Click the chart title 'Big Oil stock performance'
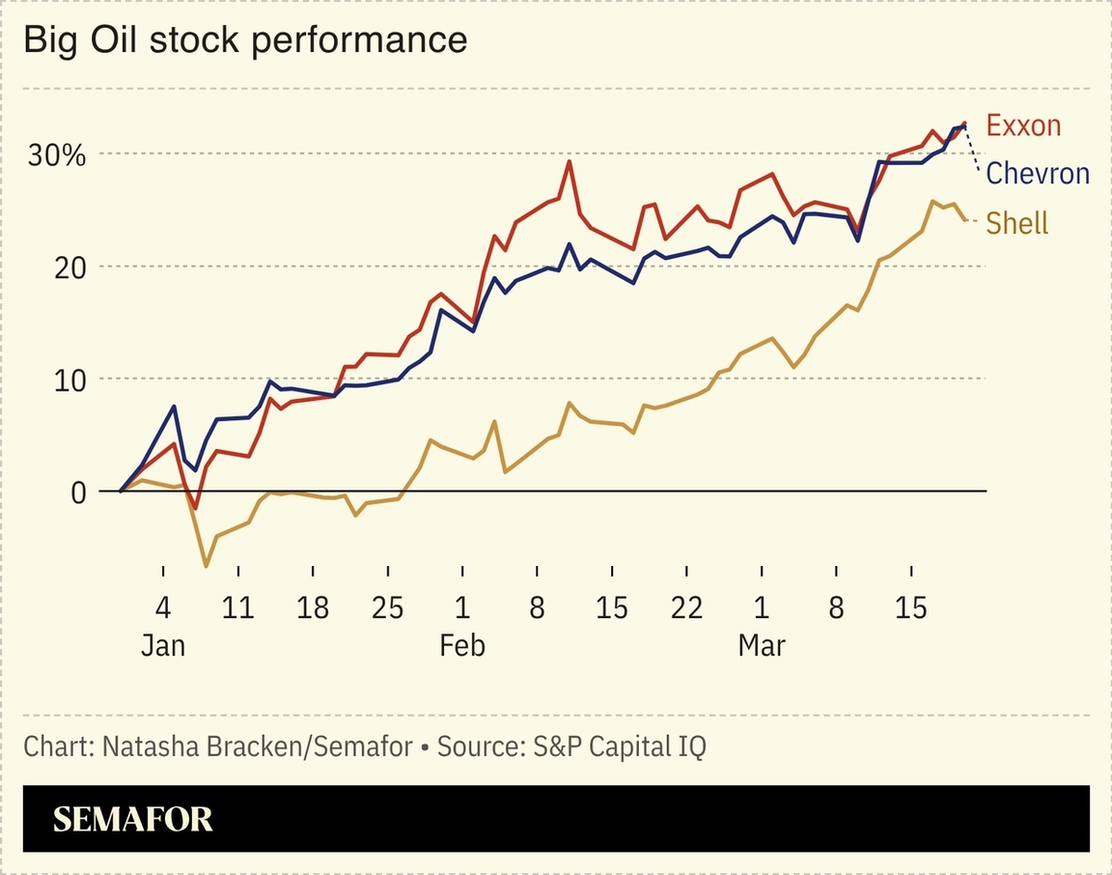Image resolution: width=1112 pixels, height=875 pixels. [245, 40]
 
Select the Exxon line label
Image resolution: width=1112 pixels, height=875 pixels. [1023, 126]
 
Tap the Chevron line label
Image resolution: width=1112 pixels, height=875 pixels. [1038, 174]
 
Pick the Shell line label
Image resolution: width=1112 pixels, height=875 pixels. [1017, 223]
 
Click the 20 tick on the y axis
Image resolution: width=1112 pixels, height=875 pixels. [69, 267]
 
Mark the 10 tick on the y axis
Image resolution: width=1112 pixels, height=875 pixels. [69, 380]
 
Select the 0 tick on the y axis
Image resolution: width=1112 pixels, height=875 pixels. [78, 492]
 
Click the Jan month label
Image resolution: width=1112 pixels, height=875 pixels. [162, 645]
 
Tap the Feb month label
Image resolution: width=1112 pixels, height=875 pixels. [461, 645]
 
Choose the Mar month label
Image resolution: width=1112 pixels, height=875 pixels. [762, 645]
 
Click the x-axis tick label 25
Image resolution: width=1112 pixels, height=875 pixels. [387, 608]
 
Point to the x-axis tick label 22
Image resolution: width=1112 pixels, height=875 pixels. [686, 608]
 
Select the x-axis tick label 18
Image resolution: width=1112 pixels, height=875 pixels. [312, 608]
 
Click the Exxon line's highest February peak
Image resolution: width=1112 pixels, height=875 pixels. [570, 160]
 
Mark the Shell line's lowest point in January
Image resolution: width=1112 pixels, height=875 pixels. [206, 566]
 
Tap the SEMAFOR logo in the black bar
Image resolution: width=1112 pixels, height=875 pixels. [132, 820]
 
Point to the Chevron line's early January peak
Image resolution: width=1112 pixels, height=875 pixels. [174, 406]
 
